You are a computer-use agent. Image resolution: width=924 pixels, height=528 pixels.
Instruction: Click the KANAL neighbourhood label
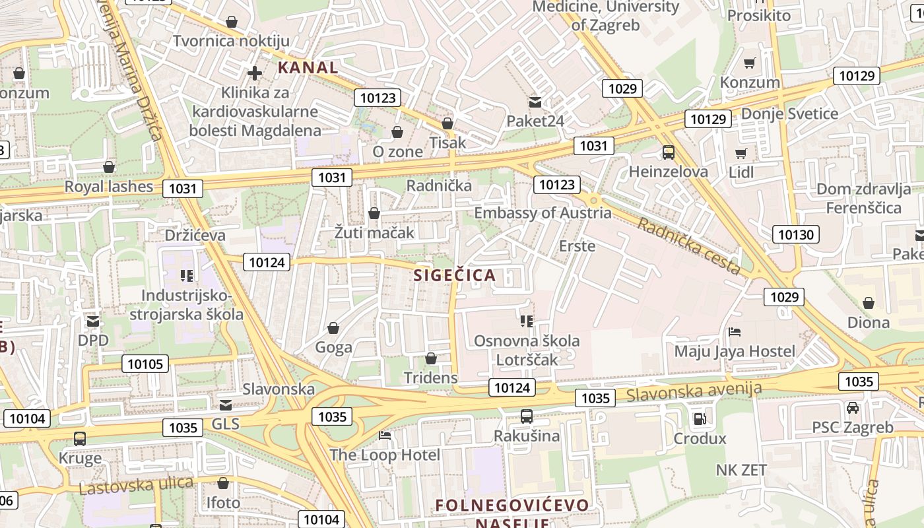(x=308, y=67)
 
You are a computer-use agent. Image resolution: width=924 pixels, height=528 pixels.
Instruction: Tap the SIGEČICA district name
(x=454, y=275)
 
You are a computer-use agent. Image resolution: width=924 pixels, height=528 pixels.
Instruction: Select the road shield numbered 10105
(x=145, y=364)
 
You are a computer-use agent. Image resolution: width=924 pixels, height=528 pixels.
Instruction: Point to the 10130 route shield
(x=797, y=234)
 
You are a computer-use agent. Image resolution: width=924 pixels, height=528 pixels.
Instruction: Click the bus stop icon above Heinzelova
(x=668, y=153)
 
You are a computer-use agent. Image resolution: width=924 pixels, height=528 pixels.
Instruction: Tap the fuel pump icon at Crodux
(x=699, y=418)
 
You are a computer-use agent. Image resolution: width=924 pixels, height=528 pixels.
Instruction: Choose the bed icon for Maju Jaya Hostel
(x=735, y=331)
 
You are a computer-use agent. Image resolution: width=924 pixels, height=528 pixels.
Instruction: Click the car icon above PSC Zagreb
(x=853, y=408)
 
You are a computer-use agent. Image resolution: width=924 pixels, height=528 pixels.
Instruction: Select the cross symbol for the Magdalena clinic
(x=255, y=73)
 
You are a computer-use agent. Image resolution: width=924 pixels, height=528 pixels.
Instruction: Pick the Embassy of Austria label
(x=543, y=213)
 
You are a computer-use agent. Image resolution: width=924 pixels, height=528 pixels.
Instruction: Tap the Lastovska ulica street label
(x=136, y=486)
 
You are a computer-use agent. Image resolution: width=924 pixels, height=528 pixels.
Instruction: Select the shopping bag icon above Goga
(x=333, y=328)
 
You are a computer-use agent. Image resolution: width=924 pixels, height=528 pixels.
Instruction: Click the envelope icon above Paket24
(x=535, y=102)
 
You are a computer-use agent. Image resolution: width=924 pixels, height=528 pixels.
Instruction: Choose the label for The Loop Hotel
(x=384, y=455)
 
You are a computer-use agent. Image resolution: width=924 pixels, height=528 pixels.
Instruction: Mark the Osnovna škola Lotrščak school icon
(x=526, y=321)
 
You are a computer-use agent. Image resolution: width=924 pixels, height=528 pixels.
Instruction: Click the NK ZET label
(x=741, y=470)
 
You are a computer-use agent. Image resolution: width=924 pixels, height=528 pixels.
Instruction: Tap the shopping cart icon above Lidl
(x=741, y=154)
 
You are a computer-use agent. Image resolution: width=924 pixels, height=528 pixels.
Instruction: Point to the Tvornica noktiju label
(x=231, y=41)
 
